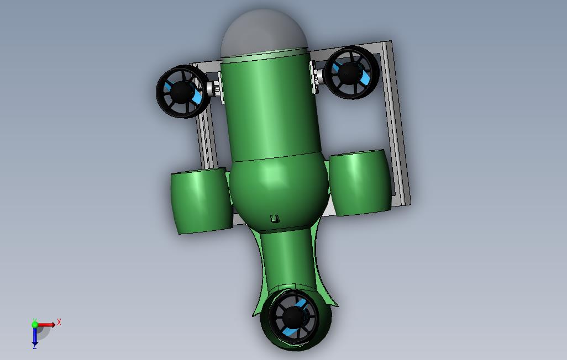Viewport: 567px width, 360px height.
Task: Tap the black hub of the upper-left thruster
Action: pyautogui.click(x=180, y=92)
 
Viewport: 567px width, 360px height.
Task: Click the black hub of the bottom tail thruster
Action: pyautogui.click(x=292, y=317)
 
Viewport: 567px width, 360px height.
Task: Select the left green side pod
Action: pyautogui.click(x=201, y=202)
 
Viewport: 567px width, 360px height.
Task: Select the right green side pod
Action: pyautogui.click(x=360, y=182)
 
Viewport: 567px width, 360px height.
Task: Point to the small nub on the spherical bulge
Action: pyautogui.click(x=275, y=219)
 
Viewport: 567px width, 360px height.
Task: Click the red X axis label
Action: pyautogui.click(x=59, y=322)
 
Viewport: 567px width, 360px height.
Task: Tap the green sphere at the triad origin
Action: pyautogui.click(x=35, y=325)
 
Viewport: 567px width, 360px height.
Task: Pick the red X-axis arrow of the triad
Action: pyautogui.click(x=48, y=325)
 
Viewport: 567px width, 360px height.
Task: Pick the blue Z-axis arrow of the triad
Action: pyautogui.click(x=35, y=336)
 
